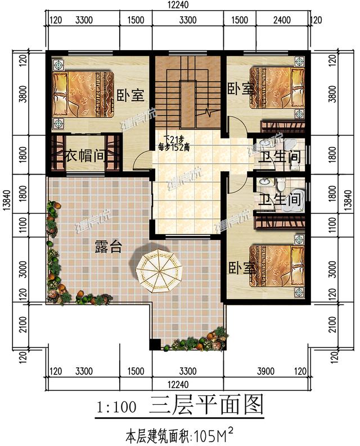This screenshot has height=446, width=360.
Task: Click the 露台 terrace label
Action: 107,247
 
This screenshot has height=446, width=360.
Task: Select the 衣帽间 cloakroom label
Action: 85,155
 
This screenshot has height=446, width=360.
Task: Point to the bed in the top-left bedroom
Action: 81,93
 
